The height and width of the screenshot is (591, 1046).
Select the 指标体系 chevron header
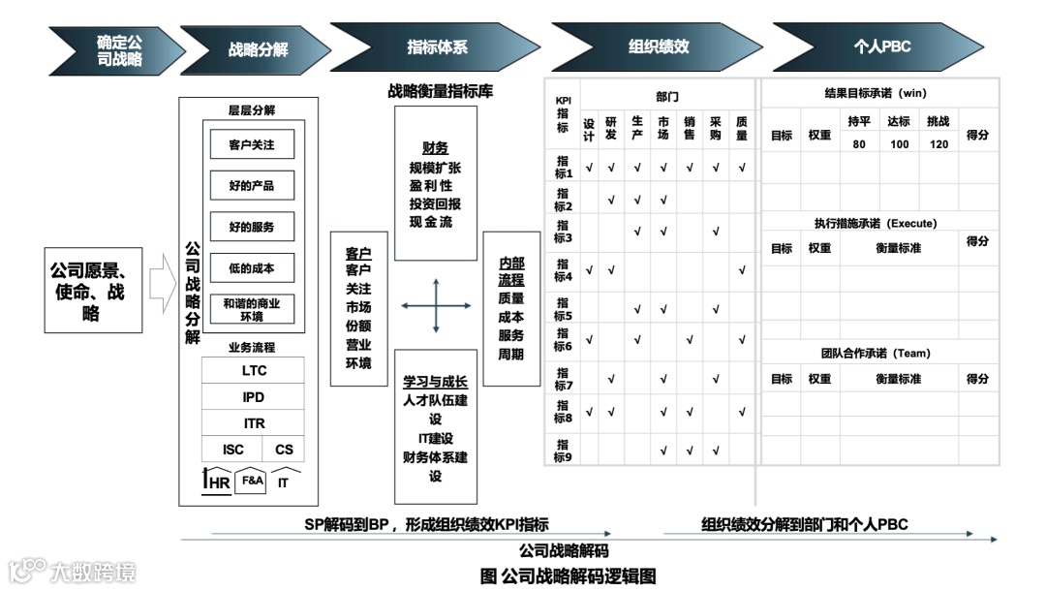pyautogui.click(x=436, y=47)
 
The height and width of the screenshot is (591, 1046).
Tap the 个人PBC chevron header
pyautogui.click(x=881, y=47)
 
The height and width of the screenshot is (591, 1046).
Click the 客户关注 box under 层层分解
pyautogui.click(x=252, y=144)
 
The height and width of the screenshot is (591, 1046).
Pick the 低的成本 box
pyautogui.click(x=252, y=268)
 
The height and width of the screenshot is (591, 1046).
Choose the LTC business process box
pyautogui.click(x=254, y=370)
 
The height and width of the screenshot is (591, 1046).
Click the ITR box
pyautogui.click(x=254, y=423)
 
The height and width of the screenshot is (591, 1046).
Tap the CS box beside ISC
pyautogui.click(x=284, y=450)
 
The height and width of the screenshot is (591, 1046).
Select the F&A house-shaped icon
pyautogui.click(x=252, y=481)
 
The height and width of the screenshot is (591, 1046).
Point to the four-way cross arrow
pyautogui.click(x=436, y=306)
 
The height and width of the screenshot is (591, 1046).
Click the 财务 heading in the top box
pyautogui.click(x=435, y=148)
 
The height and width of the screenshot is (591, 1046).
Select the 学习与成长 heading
pyautogui.click(x=435, y=382)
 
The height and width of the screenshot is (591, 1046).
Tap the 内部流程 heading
pyautogui.click(x=510, y=271)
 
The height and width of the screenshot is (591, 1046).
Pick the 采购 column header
pyautogui.click(x=716, y=129)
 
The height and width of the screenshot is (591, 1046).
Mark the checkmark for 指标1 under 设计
pyautogui.click(x=589, y=168)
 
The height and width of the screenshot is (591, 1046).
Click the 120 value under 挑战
pyautogui.click(x=938, y=144)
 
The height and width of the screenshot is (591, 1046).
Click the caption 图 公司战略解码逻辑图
pyautogui.click(x=568, y=575)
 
